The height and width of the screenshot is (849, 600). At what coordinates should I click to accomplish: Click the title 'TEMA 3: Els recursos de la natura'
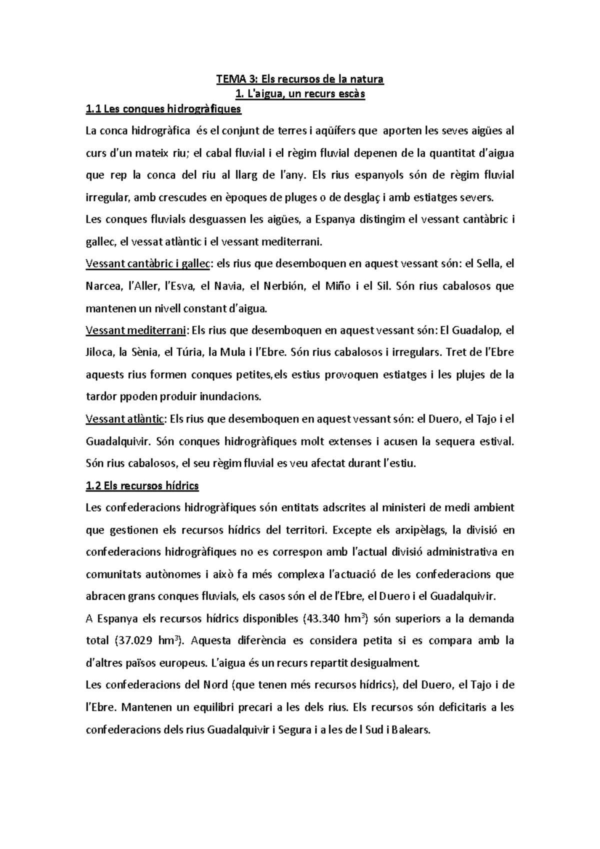click(299, 78)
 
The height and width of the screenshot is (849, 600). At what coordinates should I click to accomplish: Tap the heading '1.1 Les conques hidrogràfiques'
click(163, 108)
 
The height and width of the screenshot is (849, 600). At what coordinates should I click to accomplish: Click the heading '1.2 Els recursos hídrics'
click(142, 485)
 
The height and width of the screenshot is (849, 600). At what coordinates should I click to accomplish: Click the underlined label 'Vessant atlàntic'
click(125, 419)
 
